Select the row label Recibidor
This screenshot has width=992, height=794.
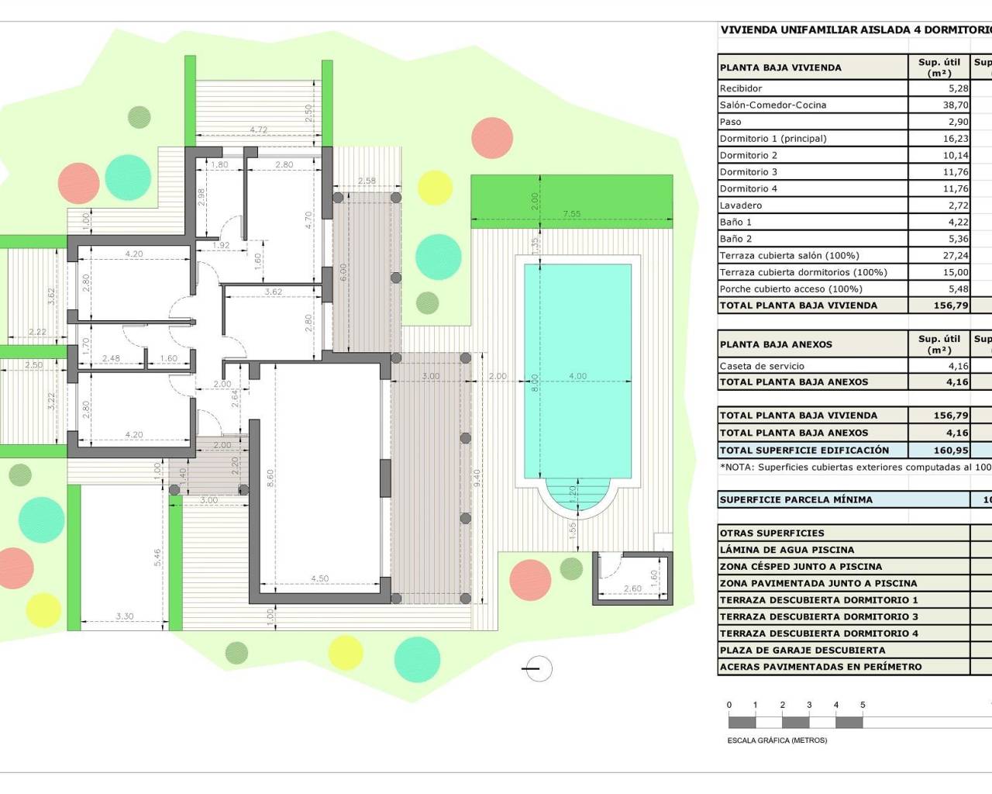pos(741,88)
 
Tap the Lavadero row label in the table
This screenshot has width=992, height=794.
pos(741,205)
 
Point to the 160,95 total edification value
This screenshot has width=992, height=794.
pos(951,451)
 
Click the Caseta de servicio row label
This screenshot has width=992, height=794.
pos(762,366)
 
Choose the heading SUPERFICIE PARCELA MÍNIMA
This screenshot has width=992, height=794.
pos(796,500)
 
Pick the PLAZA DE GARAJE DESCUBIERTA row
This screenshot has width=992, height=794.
pos(802,651)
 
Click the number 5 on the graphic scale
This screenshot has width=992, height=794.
pos(863,706)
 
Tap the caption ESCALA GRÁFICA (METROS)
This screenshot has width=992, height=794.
pos(777,740)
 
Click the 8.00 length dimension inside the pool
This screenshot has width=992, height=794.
pos(535,383)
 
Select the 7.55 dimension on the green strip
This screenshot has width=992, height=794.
pos(571,214)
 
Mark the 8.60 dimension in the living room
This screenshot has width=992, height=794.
pos(270,478)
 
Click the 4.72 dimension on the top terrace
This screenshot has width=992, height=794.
pos(258,129)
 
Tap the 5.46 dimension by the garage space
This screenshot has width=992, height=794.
pos(158,558)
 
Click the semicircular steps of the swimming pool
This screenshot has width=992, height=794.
pos(577,493)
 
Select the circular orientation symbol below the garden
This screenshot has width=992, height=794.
pos(538,668)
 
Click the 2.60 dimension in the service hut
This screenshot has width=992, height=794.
pos(632,589)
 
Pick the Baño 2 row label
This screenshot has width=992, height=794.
pos(735,239)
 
